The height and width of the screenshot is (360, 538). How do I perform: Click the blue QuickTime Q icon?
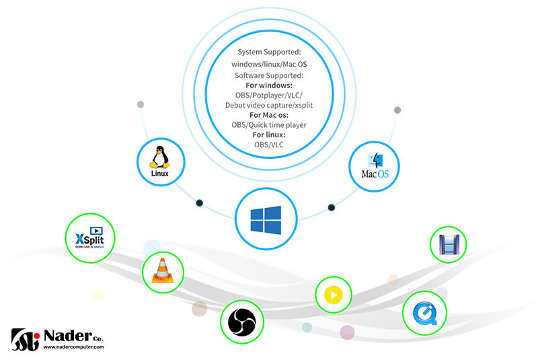[424, 313]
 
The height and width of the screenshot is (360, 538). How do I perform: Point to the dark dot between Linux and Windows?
[199, 203]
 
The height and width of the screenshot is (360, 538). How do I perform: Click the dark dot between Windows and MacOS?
[331, 207]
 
